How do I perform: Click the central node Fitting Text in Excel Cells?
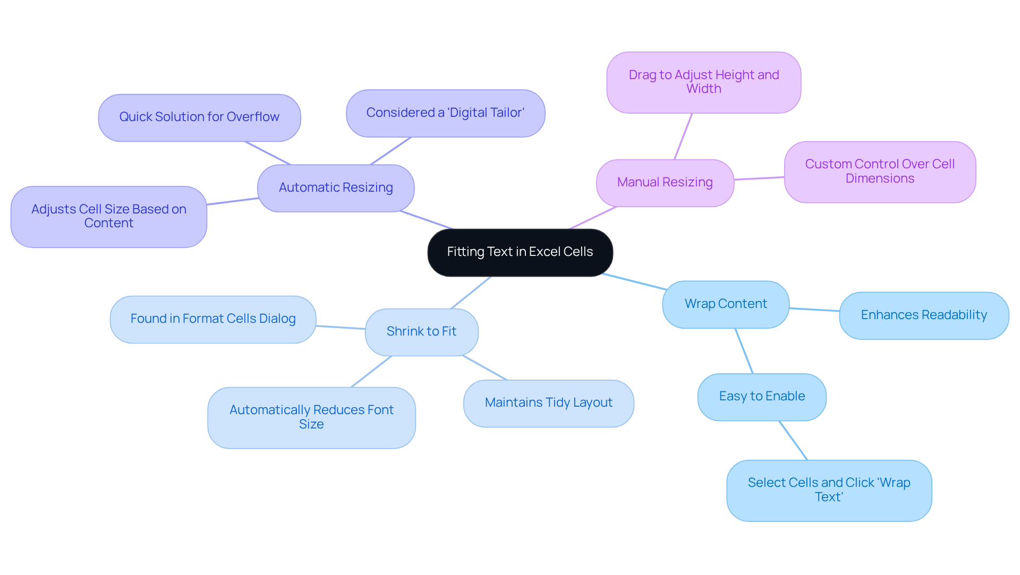520,252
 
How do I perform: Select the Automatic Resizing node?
336,188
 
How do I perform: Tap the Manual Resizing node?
665,183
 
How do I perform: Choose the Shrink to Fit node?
421,332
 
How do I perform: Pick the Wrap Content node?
726,304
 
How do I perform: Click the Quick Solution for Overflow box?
199,117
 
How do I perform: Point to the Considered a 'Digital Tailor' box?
445,113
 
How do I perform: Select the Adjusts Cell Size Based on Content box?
108,217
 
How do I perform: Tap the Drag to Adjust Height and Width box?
703,82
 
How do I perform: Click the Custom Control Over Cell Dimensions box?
880,171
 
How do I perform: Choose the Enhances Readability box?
923,315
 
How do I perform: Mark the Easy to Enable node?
762,397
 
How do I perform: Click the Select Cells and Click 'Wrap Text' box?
829,490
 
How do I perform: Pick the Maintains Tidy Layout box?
548,403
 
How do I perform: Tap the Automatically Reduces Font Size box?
311,417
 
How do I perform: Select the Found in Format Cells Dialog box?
212,319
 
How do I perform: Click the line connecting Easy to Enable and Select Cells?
793,441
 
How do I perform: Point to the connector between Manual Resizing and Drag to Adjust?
683,136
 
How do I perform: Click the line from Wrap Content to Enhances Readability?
814,310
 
